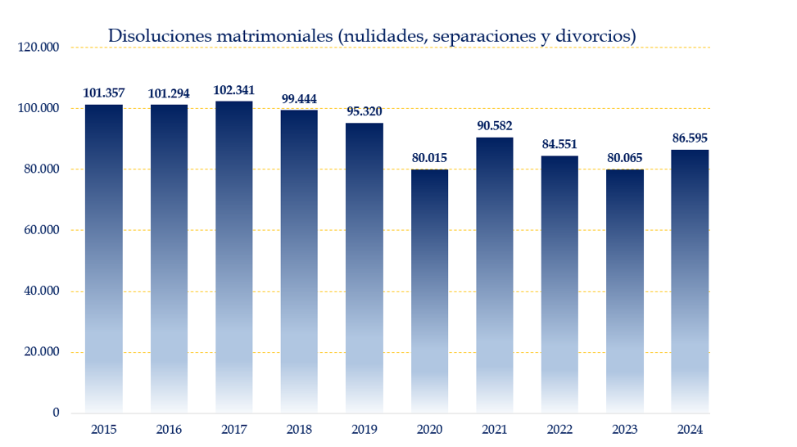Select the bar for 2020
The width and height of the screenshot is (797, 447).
coord(429,291)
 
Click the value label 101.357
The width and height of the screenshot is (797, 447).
coord(104,93)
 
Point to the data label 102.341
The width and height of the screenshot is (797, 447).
coord(233,90)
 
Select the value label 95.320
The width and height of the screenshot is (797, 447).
coord(364,111)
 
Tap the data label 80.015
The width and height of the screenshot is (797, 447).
coord(429,157)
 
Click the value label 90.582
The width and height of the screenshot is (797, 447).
coord(495,125)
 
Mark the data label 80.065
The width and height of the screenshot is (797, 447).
coord(625,157)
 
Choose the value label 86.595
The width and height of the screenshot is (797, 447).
coord(690,138)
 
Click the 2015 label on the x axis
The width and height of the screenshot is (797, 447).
coord(104,429)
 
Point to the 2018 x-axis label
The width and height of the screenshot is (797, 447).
coord(299,429)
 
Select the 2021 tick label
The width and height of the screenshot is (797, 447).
coord(495,429)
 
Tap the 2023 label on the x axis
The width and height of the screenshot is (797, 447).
coord(625,429)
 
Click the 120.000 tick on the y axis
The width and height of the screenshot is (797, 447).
coord(38,47)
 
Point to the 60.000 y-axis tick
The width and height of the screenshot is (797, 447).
coord(41,230)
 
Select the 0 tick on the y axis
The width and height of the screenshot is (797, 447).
coord(56,413)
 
